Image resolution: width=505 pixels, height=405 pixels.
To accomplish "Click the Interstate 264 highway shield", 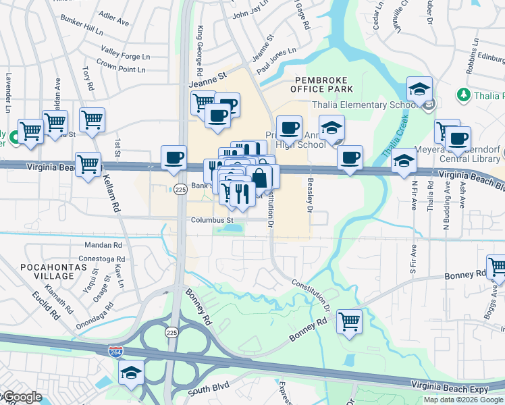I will click(115, 352).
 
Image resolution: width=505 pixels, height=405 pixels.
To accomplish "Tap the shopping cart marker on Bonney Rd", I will click(349, 321).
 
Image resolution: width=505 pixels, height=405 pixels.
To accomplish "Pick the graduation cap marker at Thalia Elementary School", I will click(419, 90).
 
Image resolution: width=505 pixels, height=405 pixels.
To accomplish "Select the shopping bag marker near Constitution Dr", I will click(259, 178).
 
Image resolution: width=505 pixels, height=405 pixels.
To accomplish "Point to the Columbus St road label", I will click(212, 220).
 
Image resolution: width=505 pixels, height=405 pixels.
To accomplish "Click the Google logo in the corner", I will click(22, 398).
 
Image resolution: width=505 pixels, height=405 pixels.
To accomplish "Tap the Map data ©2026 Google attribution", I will click(462, 400).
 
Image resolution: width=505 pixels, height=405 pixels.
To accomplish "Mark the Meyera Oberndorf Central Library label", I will click(473, 161).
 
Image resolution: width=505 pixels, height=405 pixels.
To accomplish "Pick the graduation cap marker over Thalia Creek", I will click(404, 161).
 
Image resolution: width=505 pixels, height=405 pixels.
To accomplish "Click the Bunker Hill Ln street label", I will click(81, 31).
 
